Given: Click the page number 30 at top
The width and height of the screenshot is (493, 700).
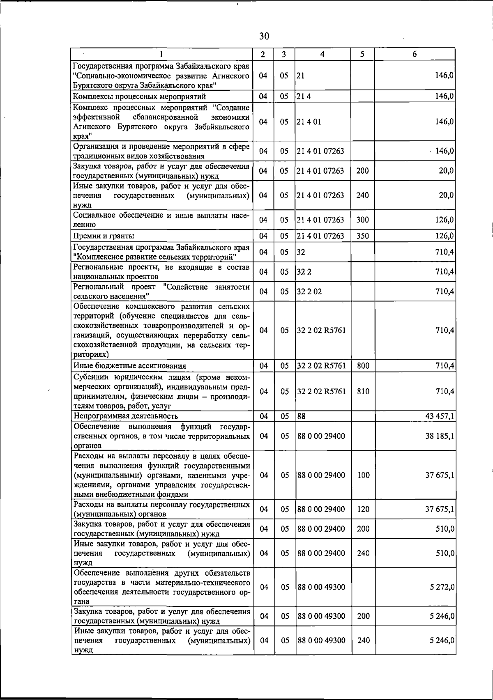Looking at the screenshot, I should pyautogui.click(x=264, y=37).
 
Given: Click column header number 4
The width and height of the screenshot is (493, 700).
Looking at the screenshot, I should pyautogui.click(x=323, y=54).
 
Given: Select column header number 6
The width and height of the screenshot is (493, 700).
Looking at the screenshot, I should pyautogui.click(x=415, y=54).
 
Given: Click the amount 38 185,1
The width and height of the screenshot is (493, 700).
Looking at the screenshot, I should pyautogui.click(x=439, y=436).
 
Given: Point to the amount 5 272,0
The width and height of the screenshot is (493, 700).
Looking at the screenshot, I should pyautogui.click(x=442, y=587).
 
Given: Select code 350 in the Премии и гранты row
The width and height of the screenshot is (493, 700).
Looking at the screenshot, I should pyautogui.click(x=362, y=236).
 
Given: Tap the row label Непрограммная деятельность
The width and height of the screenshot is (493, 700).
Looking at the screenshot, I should pyautogui.click(x=125, y=416).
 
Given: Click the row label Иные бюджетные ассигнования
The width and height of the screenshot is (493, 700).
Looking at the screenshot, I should pyautogui.click(x=129, y=366).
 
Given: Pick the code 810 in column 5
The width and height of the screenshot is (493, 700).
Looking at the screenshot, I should pyautogui.click(x=363, y=392).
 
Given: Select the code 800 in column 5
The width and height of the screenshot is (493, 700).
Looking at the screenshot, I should pyautogui.click(x=363, y=366).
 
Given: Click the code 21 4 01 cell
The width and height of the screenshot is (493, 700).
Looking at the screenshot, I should pyautogui.click(x=309, y=122).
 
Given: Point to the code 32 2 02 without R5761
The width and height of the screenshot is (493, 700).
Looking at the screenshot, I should pyautogui.click(x=309, y=291).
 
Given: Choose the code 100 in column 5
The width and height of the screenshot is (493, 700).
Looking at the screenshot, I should pyautogui.click(x=364, y=475).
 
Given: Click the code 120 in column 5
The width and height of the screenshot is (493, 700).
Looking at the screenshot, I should pyautogui.click(x=363, y=510).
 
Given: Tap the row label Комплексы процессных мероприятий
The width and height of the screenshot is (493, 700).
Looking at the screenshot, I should pyautogui.click(x=139, y=97).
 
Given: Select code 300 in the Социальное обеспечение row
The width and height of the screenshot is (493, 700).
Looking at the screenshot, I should pyautogui.click(x=362, y=220).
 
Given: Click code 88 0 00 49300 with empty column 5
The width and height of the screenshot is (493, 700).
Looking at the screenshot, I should pyautogui.click(x=321, y=587).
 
